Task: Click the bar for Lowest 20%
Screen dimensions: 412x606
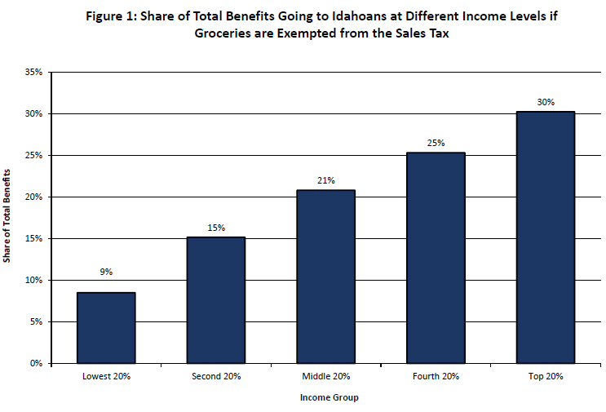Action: [106, 327]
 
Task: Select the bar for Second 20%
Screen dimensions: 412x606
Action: [216, 299]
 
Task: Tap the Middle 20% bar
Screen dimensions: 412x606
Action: [326, 277]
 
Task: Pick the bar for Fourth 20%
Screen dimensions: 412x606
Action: [436, 258]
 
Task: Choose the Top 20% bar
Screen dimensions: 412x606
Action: [546, 237]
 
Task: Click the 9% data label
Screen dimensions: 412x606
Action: [106, 272]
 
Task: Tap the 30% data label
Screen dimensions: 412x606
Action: [546, 102]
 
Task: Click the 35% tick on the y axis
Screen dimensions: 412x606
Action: [35, 72]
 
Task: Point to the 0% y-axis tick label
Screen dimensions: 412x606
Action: [38, 363]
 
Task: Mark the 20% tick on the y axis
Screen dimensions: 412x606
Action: [35, 197]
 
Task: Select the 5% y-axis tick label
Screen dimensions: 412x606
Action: [38, 321]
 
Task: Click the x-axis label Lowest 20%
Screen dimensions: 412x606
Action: [106, 377]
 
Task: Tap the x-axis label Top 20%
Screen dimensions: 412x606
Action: [546, 377]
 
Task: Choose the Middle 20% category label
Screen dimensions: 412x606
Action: [326, 377]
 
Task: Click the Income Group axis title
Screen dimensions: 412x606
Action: [326, 398]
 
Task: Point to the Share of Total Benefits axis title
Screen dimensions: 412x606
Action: [7, 216]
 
